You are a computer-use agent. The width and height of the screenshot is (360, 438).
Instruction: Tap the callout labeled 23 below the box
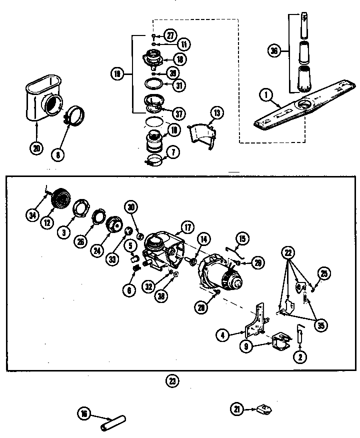point(172,381)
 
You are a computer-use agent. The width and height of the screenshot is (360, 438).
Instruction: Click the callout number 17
point(188,227)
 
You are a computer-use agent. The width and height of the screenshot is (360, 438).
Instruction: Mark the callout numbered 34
point(33,215)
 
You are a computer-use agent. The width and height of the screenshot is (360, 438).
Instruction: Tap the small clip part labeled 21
point(263,409)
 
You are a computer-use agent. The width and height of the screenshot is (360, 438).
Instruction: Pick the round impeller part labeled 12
point(61,198)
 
